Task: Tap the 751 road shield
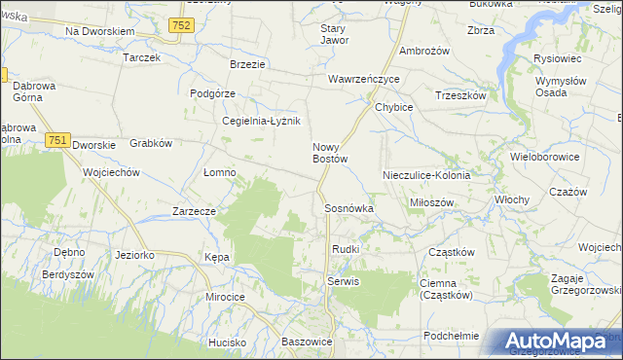pos(56,140)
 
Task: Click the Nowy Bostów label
pos(330,153)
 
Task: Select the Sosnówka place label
pos(348,208)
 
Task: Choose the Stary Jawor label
pos(334,35)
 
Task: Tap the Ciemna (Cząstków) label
pos(445,289)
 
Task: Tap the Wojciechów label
pos(112,172)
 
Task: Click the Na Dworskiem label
pos(99,32)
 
